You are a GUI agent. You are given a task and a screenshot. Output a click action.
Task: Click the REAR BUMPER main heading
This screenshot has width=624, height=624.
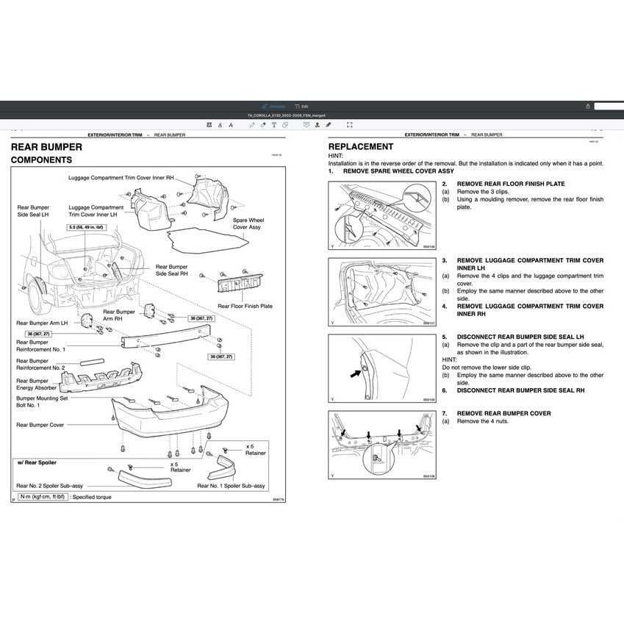[46, 147]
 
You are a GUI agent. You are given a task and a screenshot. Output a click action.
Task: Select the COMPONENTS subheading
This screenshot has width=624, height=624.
[41, 159]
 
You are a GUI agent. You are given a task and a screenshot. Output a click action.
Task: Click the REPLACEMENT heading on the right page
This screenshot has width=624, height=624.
[360, 147]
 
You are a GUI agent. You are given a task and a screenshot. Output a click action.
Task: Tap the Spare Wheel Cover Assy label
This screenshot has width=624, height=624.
[248, 223]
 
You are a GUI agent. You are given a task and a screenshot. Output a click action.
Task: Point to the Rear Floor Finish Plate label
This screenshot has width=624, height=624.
[245, 306]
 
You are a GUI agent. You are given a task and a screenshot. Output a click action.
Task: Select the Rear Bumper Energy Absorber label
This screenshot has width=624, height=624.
[32, 385]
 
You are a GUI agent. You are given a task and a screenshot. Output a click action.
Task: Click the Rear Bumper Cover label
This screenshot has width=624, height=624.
[40, 425]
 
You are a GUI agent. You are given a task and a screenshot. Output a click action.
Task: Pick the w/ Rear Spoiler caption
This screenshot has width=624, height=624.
[37, 462]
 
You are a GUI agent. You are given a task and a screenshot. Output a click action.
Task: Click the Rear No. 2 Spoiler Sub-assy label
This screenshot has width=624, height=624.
[49, 486]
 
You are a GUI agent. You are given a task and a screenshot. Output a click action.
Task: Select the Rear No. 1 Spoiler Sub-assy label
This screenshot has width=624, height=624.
[230, 486]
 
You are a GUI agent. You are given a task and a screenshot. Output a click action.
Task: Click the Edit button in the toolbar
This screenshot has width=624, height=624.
[301, 106]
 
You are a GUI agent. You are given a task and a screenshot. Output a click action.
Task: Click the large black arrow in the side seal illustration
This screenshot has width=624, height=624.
[356, 374]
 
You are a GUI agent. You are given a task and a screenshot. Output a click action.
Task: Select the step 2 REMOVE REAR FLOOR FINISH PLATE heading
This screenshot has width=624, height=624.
[511, 184]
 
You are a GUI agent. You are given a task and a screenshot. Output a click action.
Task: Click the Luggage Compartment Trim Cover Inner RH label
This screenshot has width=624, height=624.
[121, 178]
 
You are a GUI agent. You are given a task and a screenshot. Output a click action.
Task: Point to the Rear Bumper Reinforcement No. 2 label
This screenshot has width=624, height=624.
[40, 365]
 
